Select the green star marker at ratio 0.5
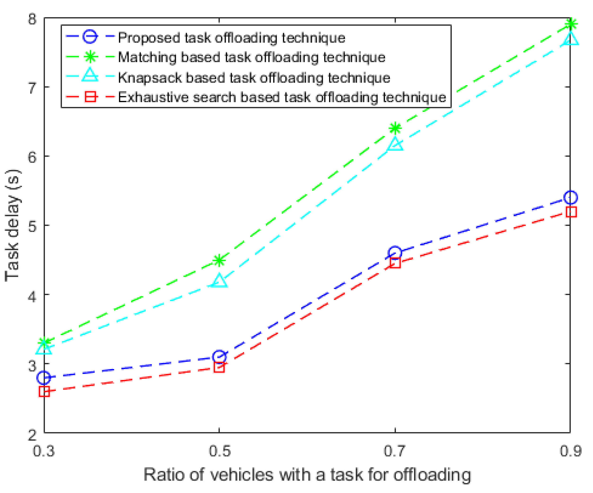(219, 260)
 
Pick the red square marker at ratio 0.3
(44, 391)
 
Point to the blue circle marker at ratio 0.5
(219, 357)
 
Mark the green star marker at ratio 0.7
(395, 128)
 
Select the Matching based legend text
(251, 57)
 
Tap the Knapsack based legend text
(254, 78)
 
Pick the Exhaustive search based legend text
(282, 97)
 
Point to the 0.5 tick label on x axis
(219, 451)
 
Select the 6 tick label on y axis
(32, 156)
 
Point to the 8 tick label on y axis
(32, 19)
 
